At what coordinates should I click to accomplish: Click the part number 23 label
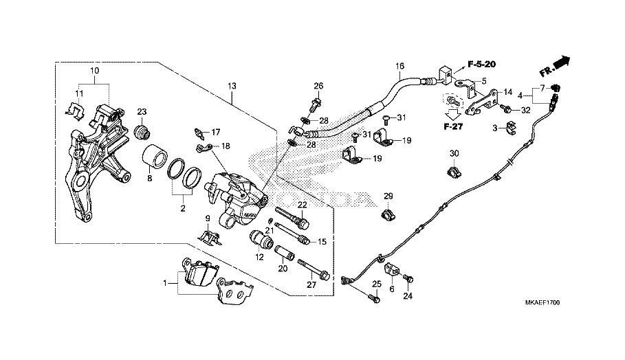click(142, 112)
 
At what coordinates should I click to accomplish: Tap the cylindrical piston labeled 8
click(155, 157)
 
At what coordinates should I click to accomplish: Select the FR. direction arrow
click(556, 66)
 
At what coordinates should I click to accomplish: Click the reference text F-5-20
click(481, 64)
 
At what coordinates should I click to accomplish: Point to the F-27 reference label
click(453, 126)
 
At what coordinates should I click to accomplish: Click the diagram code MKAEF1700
click(542, 303)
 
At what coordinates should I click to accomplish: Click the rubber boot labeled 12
click(261, 238)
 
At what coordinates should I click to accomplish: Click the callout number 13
click(232, 86)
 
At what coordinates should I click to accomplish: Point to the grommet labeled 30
click(453, 172)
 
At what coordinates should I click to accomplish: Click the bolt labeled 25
click(373, 297)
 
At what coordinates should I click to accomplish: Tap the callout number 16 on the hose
click(399, 66)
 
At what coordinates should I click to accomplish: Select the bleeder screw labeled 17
click(199, 134)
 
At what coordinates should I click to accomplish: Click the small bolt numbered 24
click(408, 279)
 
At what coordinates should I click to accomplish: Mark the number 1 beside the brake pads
click(165, 283)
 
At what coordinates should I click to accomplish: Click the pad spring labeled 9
click(210, 237)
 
